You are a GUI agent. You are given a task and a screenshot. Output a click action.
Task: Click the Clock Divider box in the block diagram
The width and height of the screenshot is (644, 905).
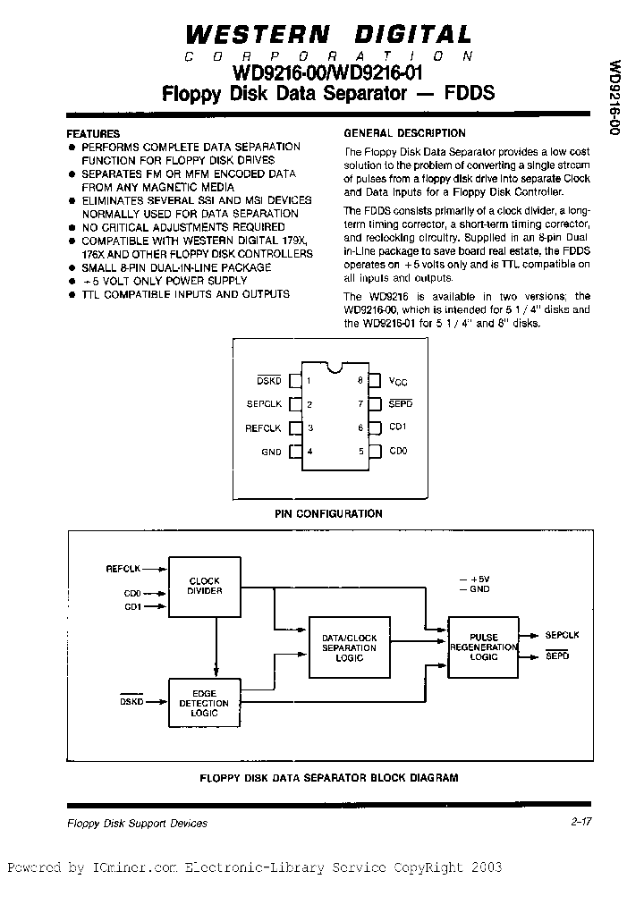pyautogui.click(x=204, y=586)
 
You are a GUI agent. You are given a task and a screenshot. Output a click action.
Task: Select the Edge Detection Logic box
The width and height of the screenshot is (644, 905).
pyautogui.click(x=204, y=704)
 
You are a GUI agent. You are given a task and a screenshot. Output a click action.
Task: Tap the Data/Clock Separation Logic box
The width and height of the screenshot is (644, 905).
pyautogui.click(x=349, y=647)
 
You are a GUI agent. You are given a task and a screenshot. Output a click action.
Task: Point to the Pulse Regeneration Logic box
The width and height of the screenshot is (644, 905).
pyautogui.click(x=484, y=647)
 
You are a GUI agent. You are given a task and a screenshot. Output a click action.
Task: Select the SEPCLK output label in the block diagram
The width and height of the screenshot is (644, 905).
pyautogui.click(x=562, y=635)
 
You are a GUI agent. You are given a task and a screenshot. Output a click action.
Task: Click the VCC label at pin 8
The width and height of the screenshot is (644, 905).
pyautogui.click(x=398, y=381)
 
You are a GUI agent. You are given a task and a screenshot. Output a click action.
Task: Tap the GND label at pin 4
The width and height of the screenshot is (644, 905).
pyautogui.click(x=271, y=452)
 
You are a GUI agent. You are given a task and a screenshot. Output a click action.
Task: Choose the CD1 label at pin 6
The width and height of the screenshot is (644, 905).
pyautogui.click(x=398, y=427)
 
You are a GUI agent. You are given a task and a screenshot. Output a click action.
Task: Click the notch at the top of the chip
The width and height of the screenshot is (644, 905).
pyautogui.click(x=334, y=365)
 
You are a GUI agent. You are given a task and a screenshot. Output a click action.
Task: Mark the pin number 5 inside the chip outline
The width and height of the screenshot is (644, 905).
pyautogui.click(x=360, y=452)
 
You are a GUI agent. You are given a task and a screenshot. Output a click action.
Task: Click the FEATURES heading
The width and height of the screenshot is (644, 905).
pyautogui.click(x=94, y=133)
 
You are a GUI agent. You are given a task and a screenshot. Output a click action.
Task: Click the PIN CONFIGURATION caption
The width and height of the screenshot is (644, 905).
pyautogui.click(x=327, y=513)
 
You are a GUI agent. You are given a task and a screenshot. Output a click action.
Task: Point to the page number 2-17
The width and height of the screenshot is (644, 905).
pyautogui.click(x=580, y=823)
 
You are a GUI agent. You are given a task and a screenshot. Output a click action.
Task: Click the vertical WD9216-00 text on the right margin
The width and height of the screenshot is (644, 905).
pyautogui.click(x=614, y=98)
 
